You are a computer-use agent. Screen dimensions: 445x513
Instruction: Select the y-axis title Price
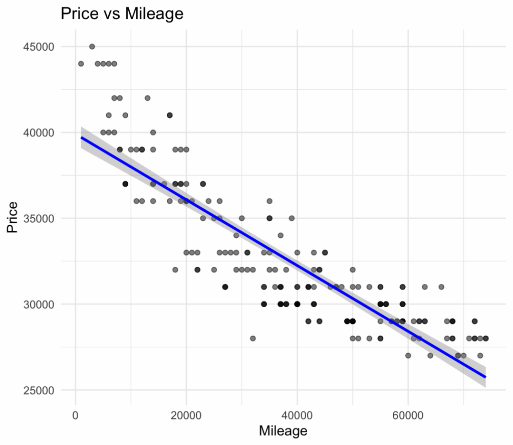tap(13, 217)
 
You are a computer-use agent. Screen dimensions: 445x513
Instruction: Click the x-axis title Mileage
tap(283, 430)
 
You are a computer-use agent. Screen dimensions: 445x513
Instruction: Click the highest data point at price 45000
tap(92, 47)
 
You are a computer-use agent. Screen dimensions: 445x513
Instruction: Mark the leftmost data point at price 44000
tap(81, 64)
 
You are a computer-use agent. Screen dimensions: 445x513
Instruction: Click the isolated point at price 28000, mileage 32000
tap(252, 338)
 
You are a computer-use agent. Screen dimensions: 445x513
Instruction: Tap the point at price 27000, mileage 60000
tap(408, 355)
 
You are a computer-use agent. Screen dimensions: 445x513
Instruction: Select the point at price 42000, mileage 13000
tap(147, 98)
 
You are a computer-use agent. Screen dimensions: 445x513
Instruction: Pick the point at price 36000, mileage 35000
tap(269, 201)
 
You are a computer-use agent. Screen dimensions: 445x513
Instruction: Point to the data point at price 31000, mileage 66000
tap(441, 287)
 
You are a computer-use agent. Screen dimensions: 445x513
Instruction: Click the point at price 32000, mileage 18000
tap(175, 269)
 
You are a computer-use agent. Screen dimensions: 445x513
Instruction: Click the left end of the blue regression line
tap(81, 137)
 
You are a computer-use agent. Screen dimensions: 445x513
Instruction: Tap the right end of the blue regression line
tap(485, 377)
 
